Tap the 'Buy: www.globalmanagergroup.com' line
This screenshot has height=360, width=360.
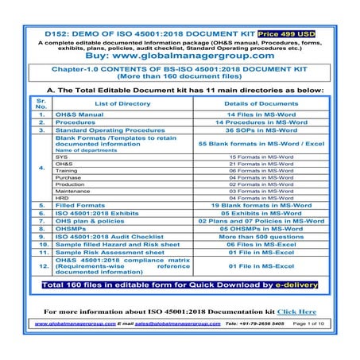[x=180, y=56]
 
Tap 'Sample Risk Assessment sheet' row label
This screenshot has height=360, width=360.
[x=104, y=253]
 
